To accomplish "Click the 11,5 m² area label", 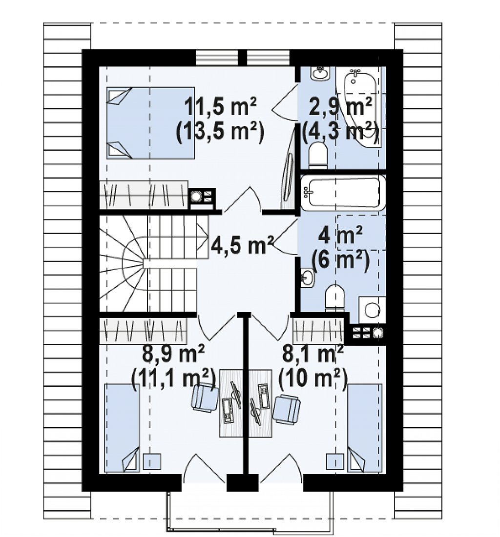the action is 220,106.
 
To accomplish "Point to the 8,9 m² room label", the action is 173,354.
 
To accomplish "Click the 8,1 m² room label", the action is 313,354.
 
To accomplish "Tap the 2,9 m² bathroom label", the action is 340,106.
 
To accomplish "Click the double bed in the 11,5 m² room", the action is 150,123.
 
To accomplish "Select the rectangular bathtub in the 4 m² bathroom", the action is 343,193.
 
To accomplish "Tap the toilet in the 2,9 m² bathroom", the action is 318,156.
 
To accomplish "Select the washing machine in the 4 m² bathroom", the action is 372,310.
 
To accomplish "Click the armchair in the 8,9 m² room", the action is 205,398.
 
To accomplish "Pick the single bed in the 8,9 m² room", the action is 122,428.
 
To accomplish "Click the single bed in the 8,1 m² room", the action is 365,428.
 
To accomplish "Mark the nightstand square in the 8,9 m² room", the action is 152,461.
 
